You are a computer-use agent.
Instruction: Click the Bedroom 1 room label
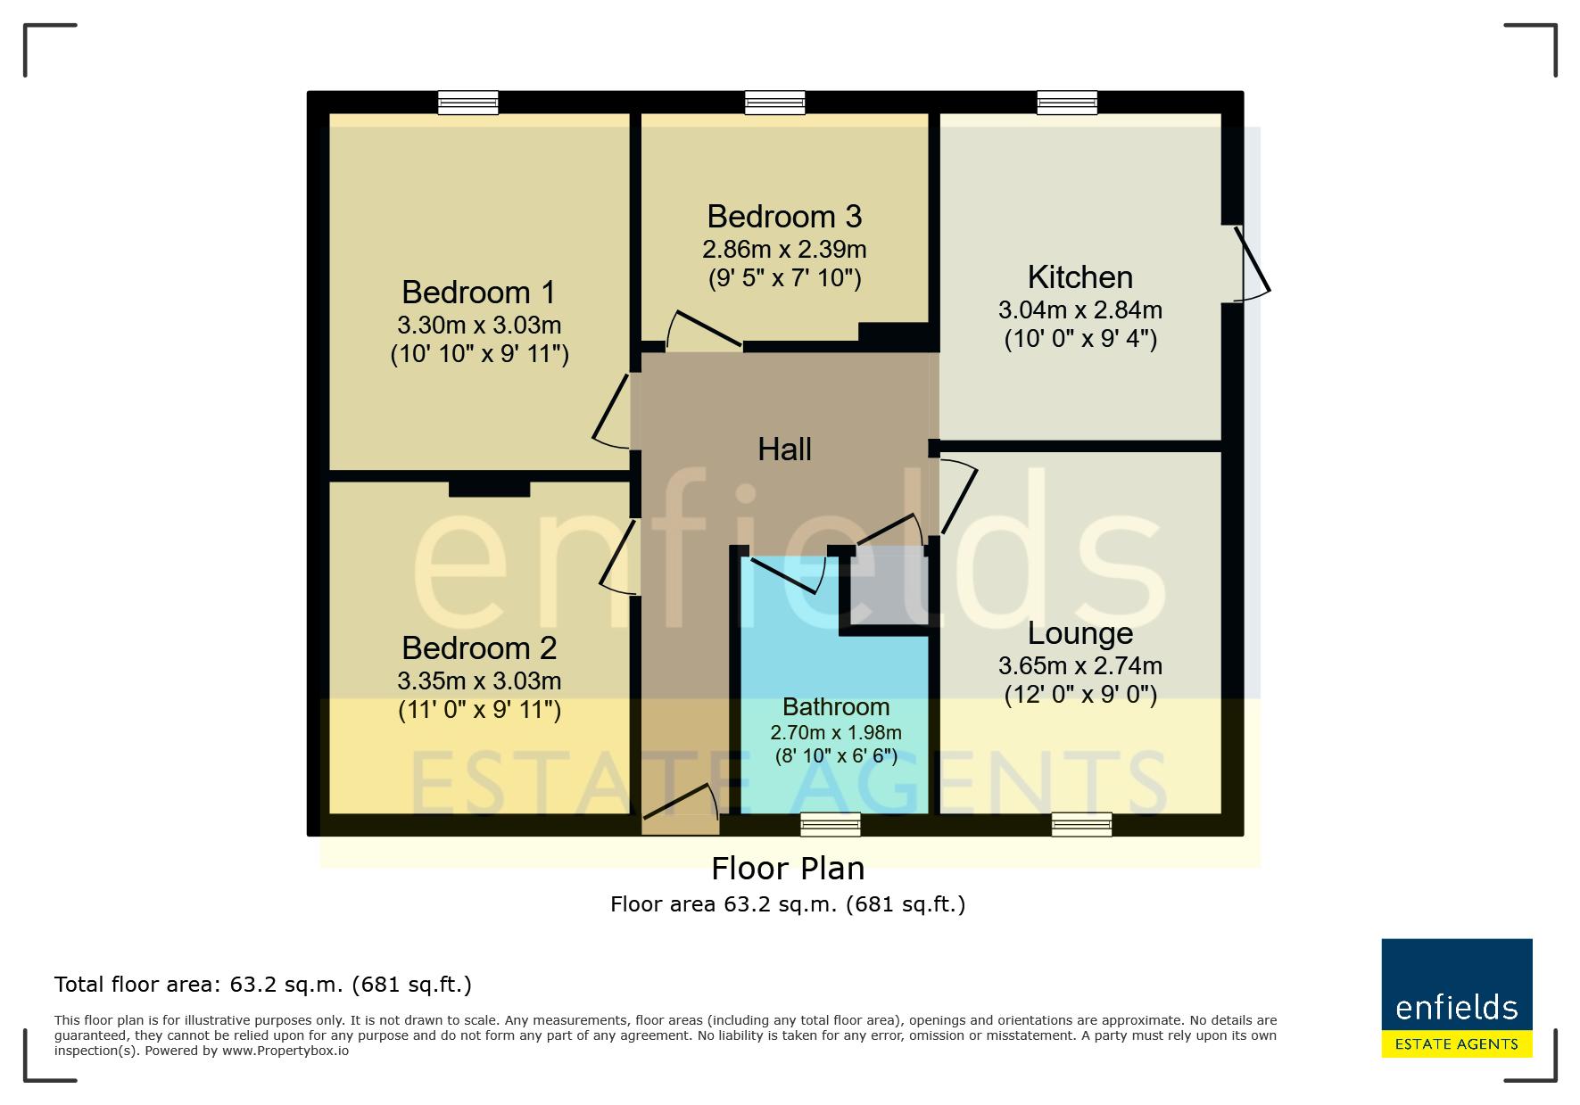point(478,293)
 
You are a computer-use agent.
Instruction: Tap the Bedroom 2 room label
point(479,647)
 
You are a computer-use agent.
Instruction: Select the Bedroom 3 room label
point(785,217)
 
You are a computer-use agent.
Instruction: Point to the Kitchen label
point(1080,277)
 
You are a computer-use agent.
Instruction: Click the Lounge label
point(1080,633)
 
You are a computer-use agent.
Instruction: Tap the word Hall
point(785,449)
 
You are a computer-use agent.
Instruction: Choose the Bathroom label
point(836,707)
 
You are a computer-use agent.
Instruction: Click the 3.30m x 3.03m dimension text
point(479,326)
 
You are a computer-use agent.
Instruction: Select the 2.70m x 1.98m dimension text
point(836,733)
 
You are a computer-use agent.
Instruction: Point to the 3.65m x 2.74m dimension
point(1080,666)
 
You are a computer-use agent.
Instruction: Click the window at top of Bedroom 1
point(467,103)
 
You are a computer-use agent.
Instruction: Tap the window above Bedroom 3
point(775,103)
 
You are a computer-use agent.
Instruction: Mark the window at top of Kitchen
point(1067,103)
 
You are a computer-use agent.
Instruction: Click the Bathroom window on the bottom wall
point(831,825)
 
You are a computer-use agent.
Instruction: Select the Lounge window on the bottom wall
point(1082,825)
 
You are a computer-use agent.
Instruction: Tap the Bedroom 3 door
point(704,330)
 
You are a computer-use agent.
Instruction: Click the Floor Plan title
point(788,869)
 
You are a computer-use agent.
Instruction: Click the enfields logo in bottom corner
point(1457,998)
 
